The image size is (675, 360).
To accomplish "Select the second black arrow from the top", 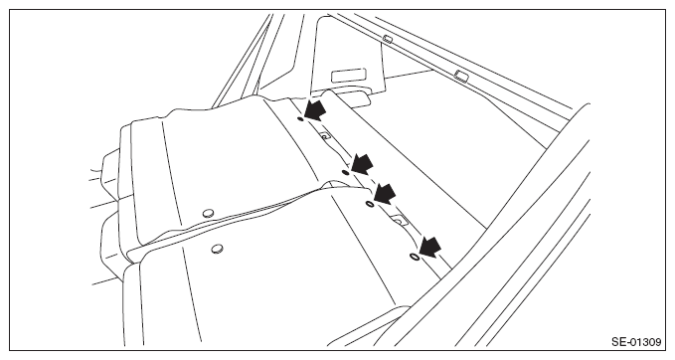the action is pyautogui.click(x=362, y=164).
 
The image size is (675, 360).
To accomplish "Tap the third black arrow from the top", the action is pyautogui.click(x=385, y=193).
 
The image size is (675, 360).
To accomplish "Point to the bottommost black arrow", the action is pyautogui.click(x=430, y=247).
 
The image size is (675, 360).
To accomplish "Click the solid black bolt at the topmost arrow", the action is pyautogui.click(x=300, y=118).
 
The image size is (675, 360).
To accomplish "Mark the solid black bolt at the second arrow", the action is pyautogui.click(x=345, y=172).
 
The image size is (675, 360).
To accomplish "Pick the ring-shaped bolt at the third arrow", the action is pyautogui.click(x=370, y=203).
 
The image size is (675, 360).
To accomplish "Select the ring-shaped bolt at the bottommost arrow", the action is pyautogui.click(x=415, y=257).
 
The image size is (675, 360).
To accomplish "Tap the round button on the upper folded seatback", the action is pyautogui.click(x=209, y=213).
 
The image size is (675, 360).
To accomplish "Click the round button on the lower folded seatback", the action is pyautogui.click(x=217, y=249).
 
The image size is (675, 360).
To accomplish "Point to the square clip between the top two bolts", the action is pyautogui.click(x=325, y=135).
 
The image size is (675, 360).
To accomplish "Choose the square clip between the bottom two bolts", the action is pyautogui.click(x=399, y=220).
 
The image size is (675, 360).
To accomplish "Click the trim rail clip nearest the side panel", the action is pyautogui.click(x=388, y=39).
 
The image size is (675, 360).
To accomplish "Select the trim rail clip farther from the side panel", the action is pyautogui.click(x=462, y=77).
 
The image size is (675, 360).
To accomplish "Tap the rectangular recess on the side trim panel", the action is pyautogui.click(x=349, y=76).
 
